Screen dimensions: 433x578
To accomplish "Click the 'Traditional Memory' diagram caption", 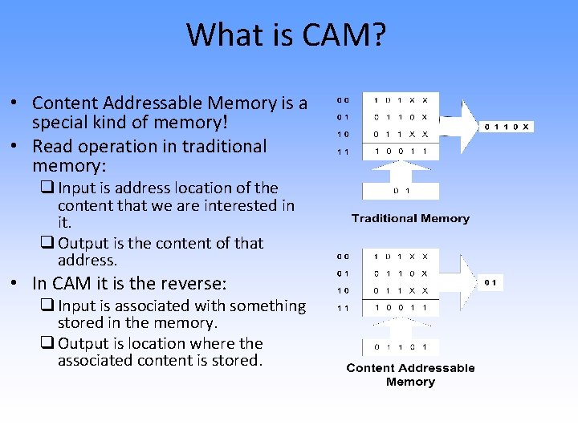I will pyautogui.click(x=410, y=218).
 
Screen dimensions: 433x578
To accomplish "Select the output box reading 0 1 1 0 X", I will pyautogui.click(x=507, y=127).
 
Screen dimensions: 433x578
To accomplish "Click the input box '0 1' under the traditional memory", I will pyautogui.click(x=400, y=191).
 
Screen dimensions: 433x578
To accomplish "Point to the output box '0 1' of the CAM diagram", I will pyautogui.click(x=490, y=282).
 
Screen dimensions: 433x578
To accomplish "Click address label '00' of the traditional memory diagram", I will pyautogui.click(x=344, y=101).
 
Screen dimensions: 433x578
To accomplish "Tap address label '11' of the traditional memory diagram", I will pyautogui.click(x=344, y=151).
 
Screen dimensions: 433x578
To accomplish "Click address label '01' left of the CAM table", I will pyautogui.click(x=344, y=273).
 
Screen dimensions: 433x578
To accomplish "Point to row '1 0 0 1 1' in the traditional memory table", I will pyautogui.click(x=400, y=151).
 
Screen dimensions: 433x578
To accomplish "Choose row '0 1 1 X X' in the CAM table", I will pyautogui.click(x=400, y=291).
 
